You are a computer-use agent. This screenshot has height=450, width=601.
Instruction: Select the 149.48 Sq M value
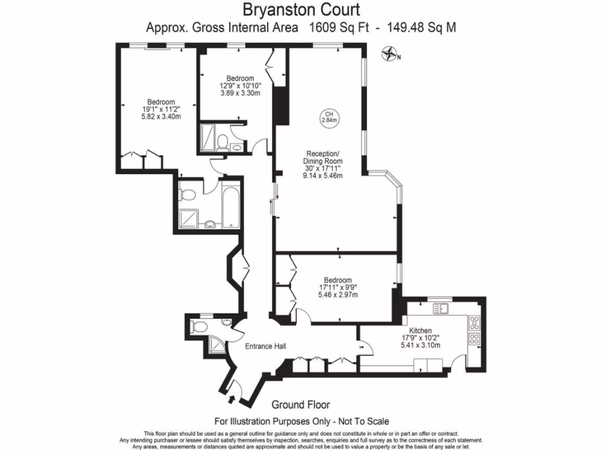tap(418, 27)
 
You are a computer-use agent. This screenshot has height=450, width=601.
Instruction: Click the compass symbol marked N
tap(389, 56)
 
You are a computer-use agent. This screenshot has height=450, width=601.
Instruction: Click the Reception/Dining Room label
tap(322, 157)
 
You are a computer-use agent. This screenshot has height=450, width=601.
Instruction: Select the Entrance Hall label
tap(265, 346)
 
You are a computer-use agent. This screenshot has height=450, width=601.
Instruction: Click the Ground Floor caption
tap(300, 404)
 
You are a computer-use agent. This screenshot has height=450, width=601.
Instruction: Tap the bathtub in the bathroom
tap(228, 204)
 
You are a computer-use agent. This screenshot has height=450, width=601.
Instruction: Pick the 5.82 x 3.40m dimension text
tap(161, 117)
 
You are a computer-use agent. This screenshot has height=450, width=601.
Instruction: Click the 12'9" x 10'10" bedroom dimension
tap(240, 86)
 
